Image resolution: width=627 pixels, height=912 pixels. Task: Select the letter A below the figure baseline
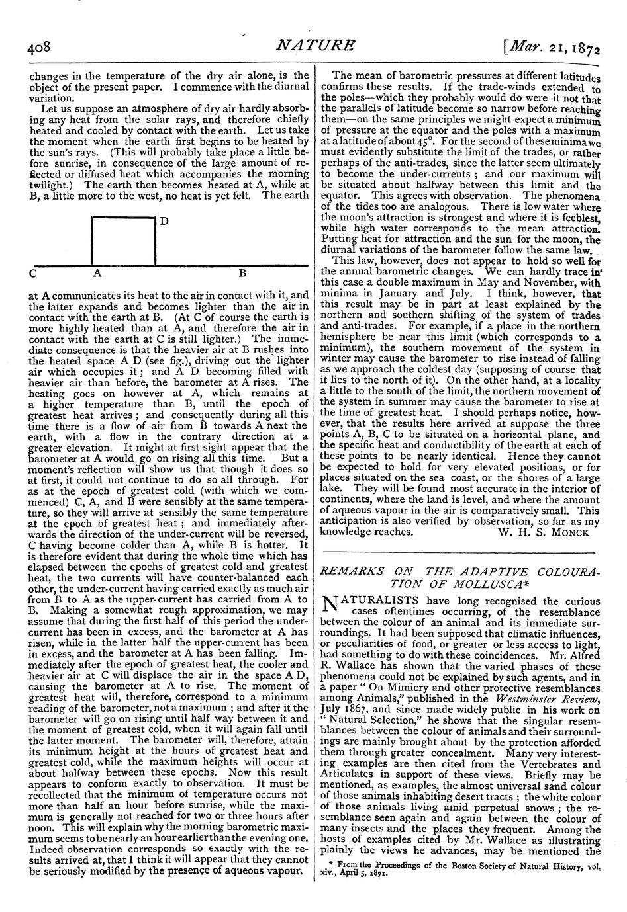[x=96, y=272]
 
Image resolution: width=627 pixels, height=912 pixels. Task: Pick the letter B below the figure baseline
[x=242, y=272]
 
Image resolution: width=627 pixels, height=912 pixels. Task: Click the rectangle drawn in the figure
[x=124, y=241]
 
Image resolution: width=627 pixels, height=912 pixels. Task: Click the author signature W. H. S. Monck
[x=542, y=532]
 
